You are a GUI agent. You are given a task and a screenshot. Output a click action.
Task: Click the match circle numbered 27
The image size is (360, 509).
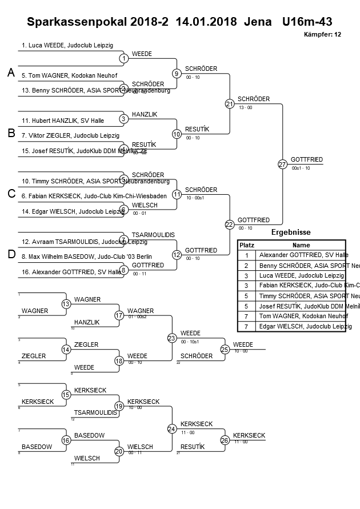(x=282, y=165)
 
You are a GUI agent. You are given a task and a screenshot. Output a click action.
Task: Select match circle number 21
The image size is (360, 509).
(x=230, y=104)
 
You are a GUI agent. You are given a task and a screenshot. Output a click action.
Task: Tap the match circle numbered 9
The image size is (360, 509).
(x=177, y=74)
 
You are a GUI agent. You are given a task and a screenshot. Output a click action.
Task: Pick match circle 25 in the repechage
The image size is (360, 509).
(x=225, y=349)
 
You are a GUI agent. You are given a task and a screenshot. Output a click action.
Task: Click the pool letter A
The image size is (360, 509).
(x=10, y=73)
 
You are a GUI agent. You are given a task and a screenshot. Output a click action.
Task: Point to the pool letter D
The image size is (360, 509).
(x=10, y=254)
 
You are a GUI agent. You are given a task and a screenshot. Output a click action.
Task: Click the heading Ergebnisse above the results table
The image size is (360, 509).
(x=290, y=233)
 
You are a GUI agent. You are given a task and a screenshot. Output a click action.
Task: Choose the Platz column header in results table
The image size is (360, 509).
(x=246, y=245)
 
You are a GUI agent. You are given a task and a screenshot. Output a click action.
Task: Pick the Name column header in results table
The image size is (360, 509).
(x=301, y=245)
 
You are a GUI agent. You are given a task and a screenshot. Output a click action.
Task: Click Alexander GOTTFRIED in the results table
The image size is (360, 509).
(x=303, y=255)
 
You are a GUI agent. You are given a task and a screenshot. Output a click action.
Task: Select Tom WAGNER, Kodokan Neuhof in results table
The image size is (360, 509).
(x=303, y=316)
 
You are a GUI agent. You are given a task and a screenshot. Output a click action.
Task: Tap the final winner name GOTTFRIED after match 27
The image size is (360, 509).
(x=307, y=159)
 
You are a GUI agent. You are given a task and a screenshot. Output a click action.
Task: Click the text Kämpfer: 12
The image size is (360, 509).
(x=323, y=35)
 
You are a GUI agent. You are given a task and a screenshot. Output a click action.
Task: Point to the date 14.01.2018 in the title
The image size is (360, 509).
(x=206, y=23)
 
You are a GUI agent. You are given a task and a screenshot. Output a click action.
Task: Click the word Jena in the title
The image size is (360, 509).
(x=258, y=23)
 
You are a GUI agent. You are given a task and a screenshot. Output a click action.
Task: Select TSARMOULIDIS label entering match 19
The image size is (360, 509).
(x=94, y=412)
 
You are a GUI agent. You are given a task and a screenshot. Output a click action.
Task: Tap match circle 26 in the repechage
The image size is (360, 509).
(x=225, y=440)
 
